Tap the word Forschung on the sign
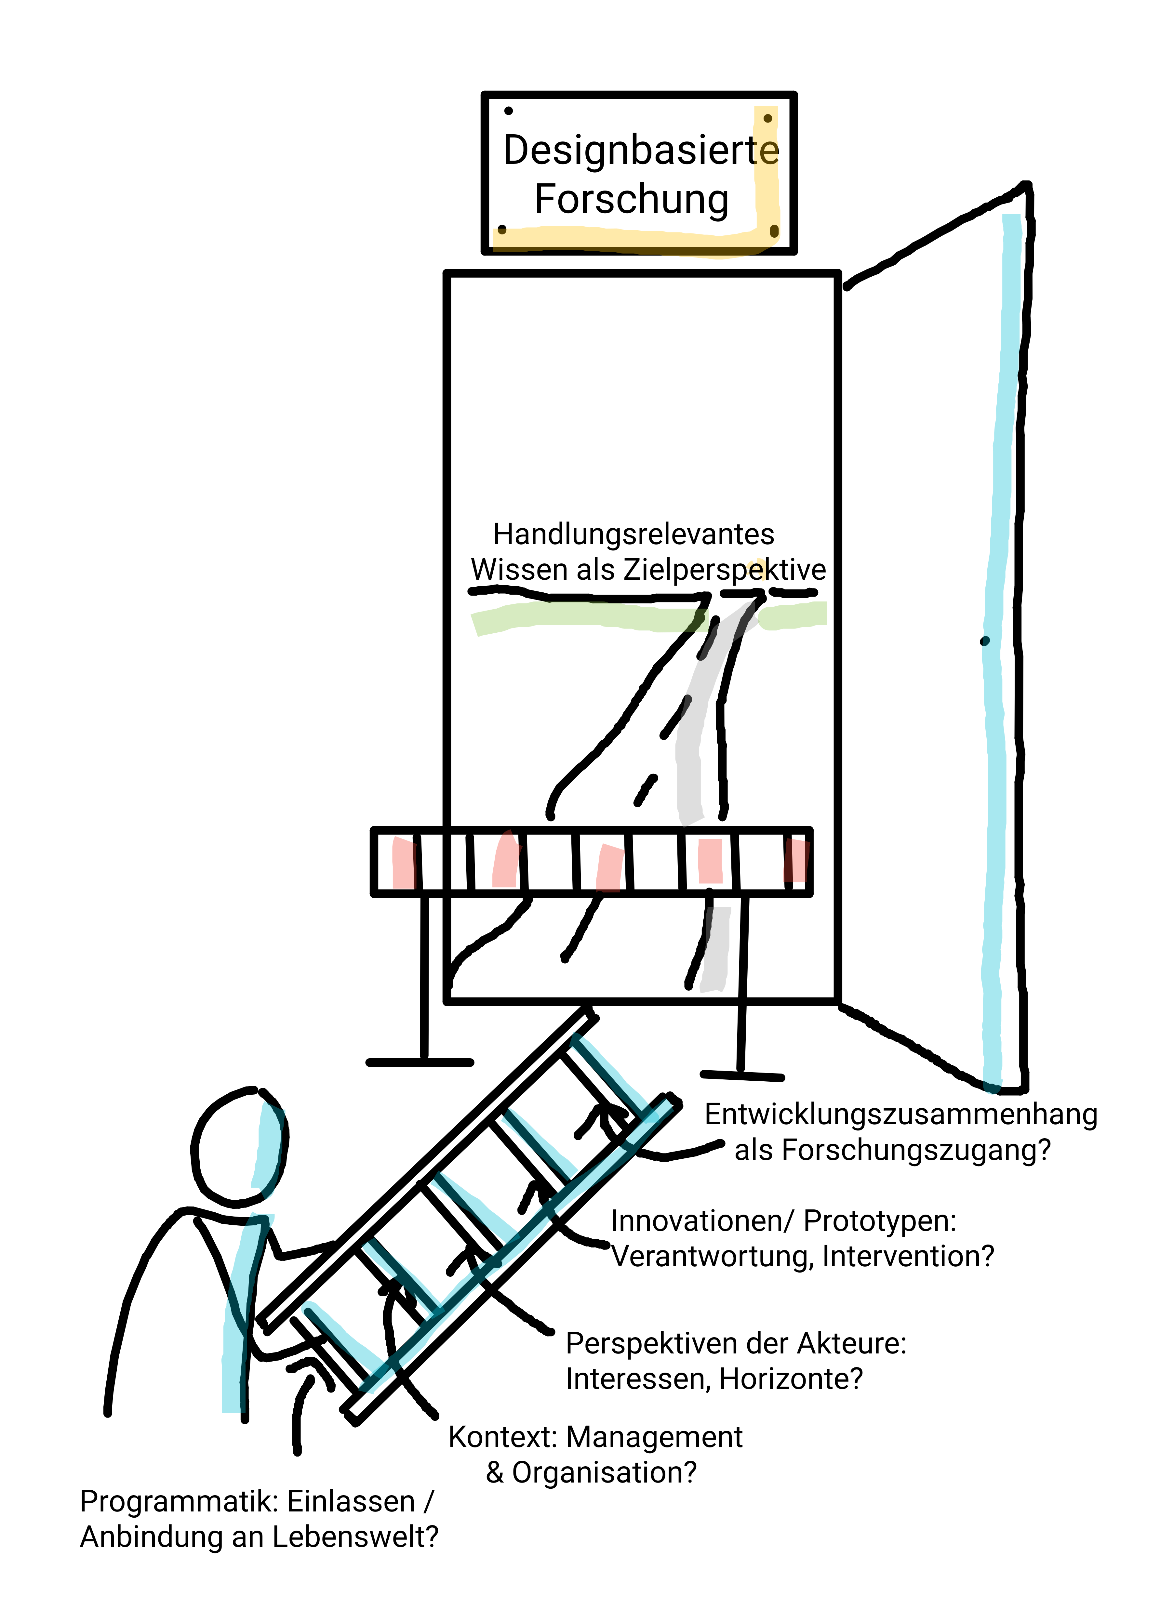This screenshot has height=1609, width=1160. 632,199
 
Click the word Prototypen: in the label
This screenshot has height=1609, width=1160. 880,1221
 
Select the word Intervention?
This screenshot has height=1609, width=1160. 908,1256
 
